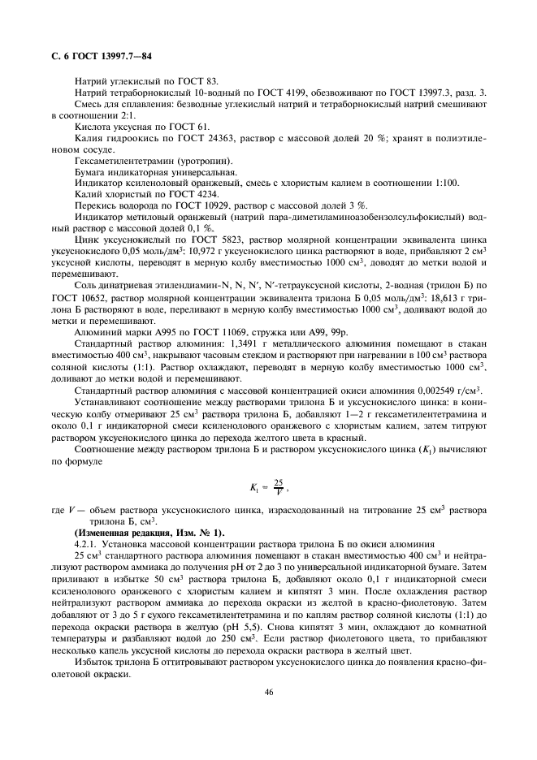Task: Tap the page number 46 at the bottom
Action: (268, 692)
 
